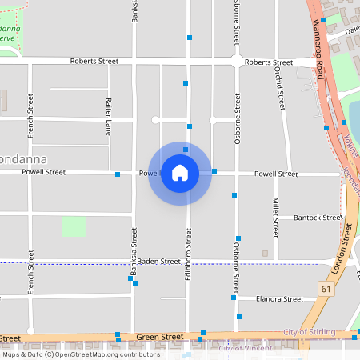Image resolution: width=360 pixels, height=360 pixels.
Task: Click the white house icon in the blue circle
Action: point(180,173)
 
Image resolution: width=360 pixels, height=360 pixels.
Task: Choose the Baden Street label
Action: point(158,262)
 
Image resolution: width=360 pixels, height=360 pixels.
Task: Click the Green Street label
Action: point(160,338)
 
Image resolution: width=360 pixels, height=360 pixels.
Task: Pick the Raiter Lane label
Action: point(108,111)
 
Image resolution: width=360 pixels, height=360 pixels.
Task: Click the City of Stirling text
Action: point(308,332)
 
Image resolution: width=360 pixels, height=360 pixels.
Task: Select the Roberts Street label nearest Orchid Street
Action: point(269,62)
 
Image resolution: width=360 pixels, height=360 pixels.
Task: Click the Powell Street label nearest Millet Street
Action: point(276,174)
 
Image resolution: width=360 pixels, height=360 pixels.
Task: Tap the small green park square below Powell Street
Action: point(74,226)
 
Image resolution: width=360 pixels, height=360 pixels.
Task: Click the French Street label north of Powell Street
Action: point(30,115)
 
